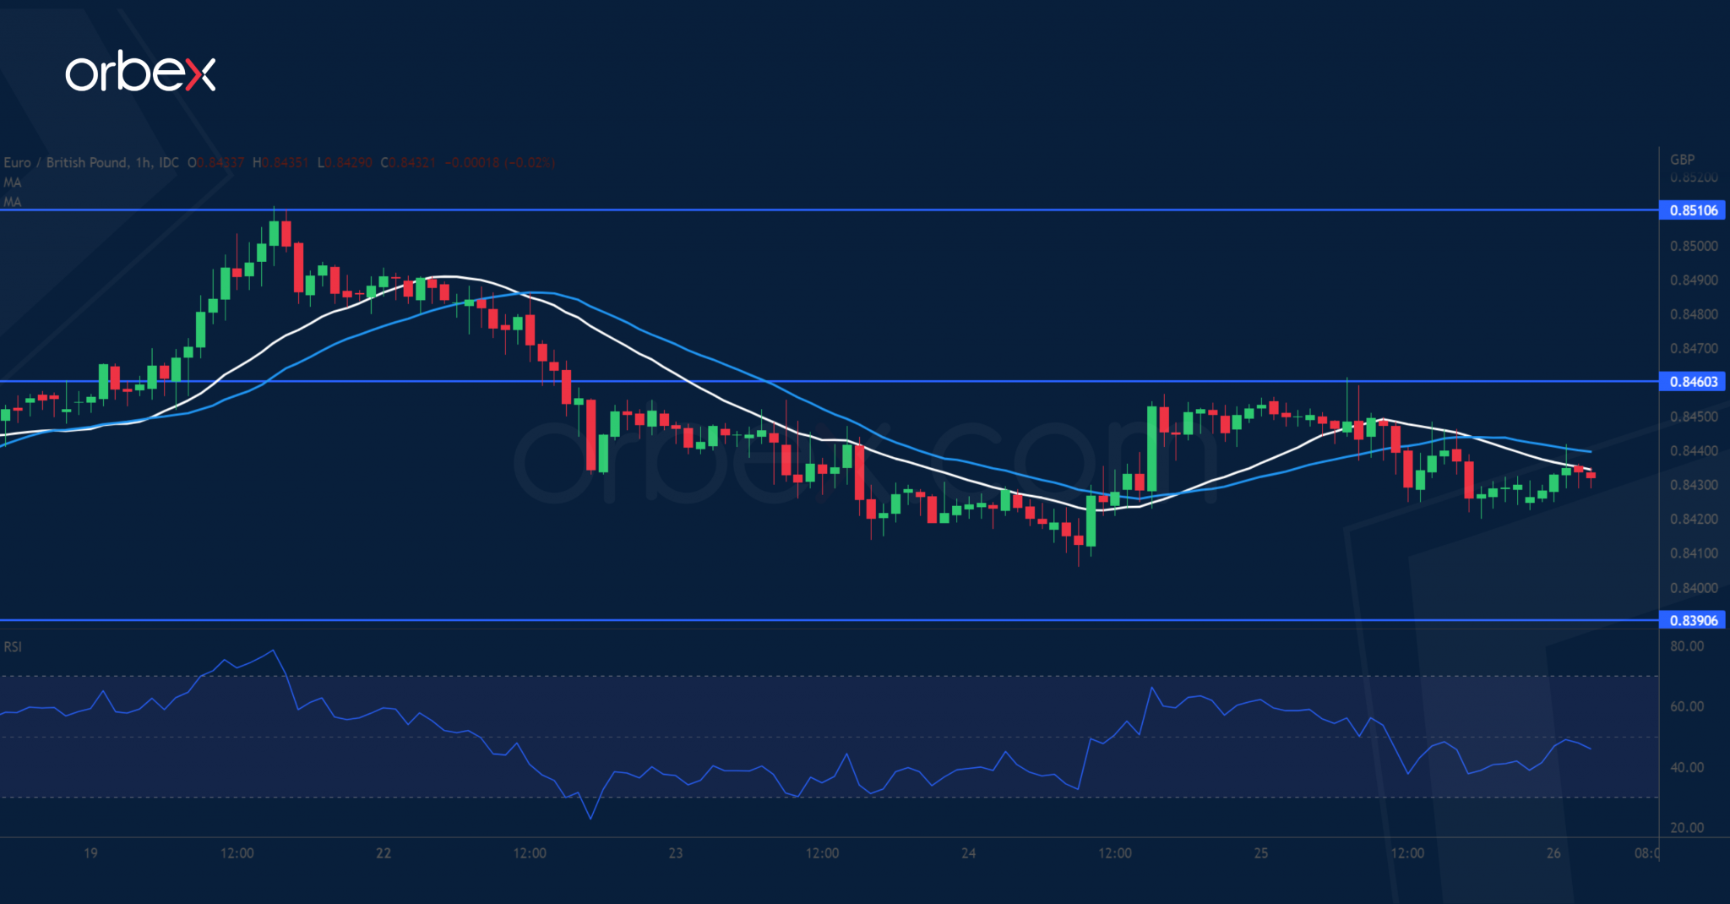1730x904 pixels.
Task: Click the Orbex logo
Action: tap(140, 74)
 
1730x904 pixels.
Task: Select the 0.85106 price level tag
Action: tap(1693, 210)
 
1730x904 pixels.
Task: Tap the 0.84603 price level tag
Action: tap(1693, 382)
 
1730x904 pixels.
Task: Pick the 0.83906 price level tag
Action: tap(1693, 620)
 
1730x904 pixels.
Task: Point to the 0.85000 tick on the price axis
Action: tap(1693, 246)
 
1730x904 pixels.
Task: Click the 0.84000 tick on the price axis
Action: tap(1693, 588)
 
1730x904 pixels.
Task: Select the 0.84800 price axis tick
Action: tap(1693, 314)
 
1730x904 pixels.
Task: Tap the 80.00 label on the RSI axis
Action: tap(1686, 646)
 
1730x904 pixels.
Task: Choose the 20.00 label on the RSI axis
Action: tap(1686, 828)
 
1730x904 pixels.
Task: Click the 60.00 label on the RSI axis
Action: tap(1686, 706)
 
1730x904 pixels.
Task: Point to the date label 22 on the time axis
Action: tap(384, 853)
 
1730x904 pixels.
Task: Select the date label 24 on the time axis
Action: tap(968, 853)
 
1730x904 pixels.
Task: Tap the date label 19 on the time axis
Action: tap(90, 853)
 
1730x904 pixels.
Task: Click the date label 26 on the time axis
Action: tap(1553, 853)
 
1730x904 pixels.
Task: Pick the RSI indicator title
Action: tap(13, 647)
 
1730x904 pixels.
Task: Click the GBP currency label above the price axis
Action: tap(1682, 160)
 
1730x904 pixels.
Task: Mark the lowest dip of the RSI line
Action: tap(590, 819)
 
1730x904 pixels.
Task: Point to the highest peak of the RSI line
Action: tap(272, 651)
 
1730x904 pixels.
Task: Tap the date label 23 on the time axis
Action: tap(676, 853)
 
